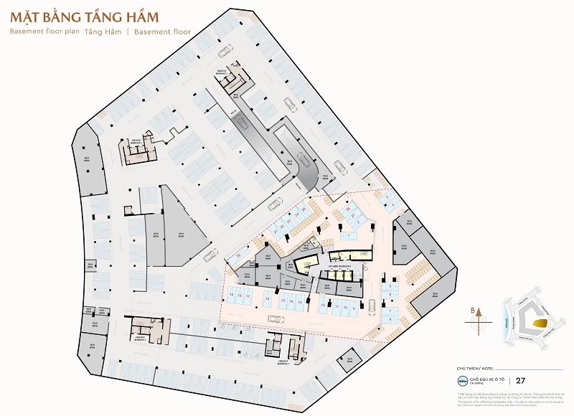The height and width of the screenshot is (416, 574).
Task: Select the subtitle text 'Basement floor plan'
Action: tap(44, 32)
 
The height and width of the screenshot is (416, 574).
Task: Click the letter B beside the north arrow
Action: tap(471, 311)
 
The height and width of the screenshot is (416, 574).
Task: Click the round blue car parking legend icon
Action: tap(462, 381)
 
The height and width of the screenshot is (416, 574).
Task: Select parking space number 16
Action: tap(240, 296)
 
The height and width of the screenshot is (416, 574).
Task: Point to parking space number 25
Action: tap(304, 209)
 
